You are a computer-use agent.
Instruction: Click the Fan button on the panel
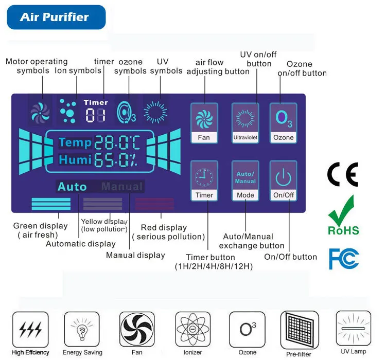204,122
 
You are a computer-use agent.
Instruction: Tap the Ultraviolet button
245,122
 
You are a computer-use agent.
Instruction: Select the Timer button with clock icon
204,180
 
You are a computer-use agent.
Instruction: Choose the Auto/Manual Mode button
245,180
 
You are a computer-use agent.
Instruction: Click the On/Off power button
284,180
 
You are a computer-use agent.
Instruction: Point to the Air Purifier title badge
56,17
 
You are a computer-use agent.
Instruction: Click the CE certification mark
342,175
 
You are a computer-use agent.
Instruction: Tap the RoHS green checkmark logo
343,216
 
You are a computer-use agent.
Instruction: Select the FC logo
343,258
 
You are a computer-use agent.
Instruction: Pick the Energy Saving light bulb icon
82,329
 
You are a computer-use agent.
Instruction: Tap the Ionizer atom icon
193,329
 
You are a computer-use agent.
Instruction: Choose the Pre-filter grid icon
299,329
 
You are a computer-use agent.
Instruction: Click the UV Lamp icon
353,327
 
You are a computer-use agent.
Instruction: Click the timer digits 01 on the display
95,115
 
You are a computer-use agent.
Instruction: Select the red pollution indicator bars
154,204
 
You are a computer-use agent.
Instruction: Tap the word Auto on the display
72,187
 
